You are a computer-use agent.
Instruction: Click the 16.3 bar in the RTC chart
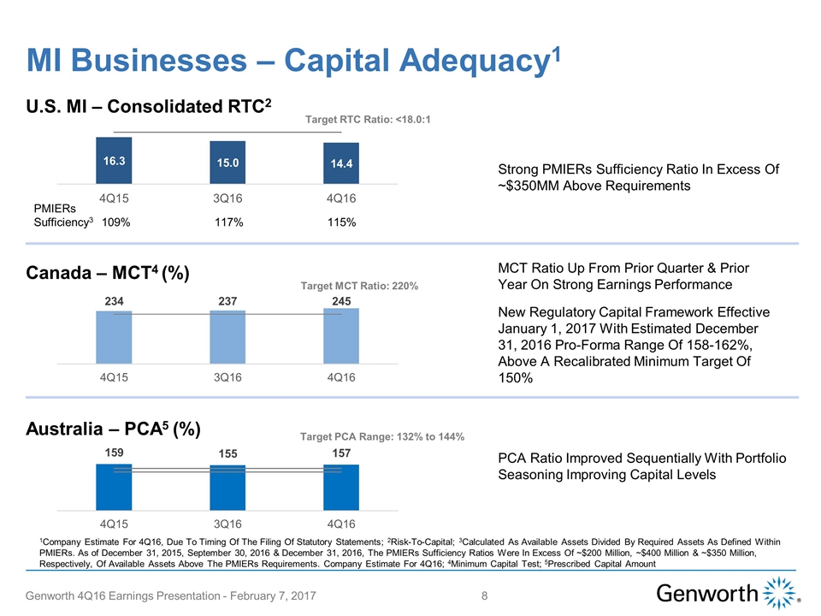pos(114,161)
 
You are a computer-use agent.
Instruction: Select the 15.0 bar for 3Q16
pos(227,163)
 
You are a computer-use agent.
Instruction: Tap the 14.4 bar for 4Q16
pos(341,163)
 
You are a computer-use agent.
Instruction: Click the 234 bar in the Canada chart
pos(114,336)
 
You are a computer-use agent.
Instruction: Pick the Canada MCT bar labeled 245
pos(341,335)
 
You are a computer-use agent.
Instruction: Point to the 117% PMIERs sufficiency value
pos(228,222)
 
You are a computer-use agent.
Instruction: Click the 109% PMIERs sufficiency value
pos(115,222)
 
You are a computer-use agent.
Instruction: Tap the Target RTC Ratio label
pos(367,119)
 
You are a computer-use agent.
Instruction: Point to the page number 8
pos(486,595)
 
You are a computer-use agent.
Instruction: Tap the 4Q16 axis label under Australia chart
pos(341,523)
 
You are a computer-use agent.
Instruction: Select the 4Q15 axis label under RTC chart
pos(114,198)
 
